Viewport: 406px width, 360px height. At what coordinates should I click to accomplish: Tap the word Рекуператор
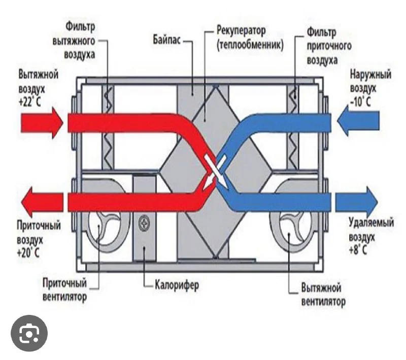(241, 31)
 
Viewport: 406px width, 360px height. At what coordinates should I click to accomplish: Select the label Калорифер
(177, 284)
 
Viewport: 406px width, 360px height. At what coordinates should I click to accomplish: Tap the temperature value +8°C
(359, 250)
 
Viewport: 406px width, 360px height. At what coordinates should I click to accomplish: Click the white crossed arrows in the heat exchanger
(215, 171)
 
